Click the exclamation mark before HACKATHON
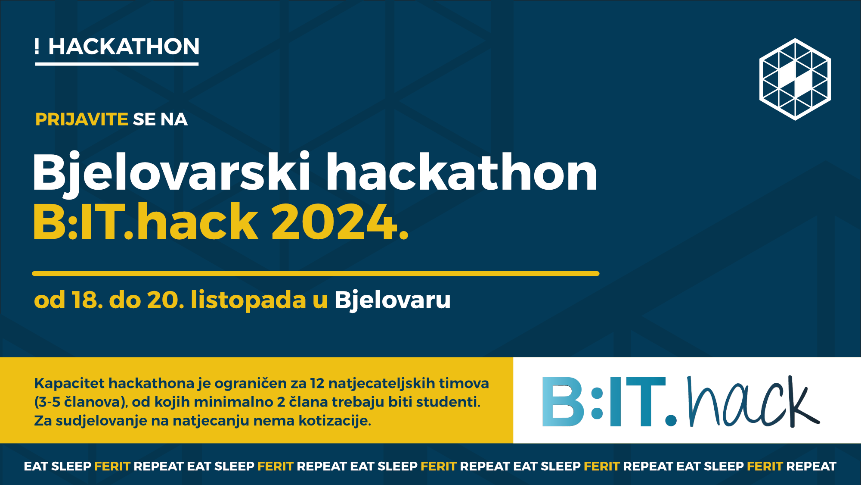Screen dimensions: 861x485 (x=37, y=46)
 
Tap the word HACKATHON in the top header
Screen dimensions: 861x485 (x=124, y=47)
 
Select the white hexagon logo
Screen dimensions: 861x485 (x=795, y=79)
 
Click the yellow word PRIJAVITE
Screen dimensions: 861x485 (x=82, y=119)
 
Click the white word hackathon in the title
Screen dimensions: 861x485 (x=462, y=172)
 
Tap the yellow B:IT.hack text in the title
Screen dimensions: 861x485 (x=146, y=221)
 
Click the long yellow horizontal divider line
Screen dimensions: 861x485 (x=316, y=273)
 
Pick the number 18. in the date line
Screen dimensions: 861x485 (x=87, y=300)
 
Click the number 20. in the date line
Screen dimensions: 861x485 (x=166, y=300)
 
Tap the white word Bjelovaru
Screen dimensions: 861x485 (x=393, y=300)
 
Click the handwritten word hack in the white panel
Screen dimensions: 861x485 (x=753, y=402)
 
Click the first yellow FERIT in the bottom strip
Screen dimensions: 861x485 (x=112, y=466)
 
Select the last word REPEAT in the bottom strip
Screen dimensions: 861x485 (x=811, y=466)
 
